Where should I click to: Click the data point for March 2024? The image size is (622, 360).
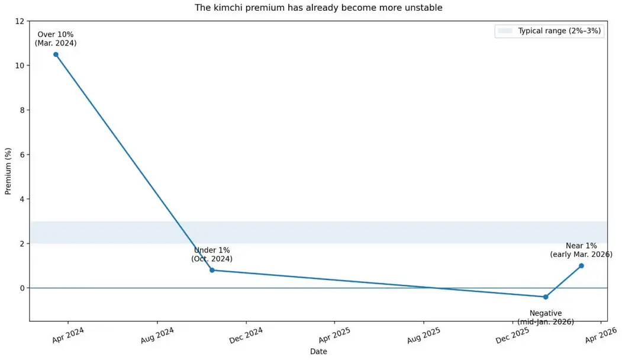[x=56, y=54]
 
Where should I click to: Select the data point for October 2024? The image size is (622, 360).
[x=212, y=271]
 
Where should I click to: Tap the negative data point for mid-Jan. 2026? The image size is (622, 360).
[x=546, y=297]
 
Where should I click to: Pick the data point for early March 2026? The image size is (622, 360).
[x=581, y=266]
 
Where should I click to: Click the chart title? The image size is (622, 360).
[x=318, y=8]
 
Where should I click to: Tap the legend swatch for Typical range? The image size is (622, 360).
[x=505, y=31]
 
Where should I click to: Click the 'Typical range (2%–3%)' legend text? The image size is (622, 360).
[x=559, y=31]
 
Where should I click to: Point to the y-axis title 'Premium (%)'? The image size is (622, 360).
[x=8, y=171]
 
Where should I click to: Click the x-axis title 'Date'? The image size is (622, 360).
[x=318, y=351]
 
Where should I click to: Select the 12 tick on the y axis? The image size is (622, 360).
[x=20, y=21]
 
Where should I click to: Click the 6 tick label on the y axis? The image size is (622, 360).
[x=22, y=155]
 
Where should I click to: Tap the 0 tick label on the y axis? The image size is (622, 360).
[x=22, y=288]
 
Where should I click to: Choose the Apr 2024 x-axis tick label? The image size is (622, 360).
[x=68, y=335]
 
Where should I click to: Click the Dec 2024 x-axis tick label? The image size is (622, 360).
[x=246, y=335]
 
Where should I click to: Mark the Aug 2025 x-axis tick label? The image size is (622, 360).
[x=424, y=335]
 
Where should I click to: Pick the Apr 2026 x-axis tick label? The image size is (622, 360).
[x=601, y=335]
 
